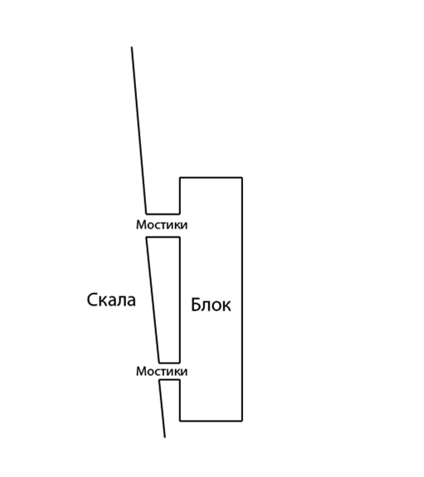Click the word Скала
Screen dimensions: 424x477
(111, 300)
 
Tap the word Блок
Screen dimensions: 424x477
(211, 305)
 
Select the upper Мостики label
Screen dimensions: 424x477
(162, 224)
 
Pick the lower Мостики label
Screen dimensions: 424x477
(162, 372)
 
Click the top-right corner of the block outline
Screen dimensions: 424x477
(242, 177)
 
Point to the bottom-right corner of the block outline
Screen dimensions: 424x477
(242, 421)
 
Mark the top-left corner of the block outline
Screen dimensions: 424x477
(180, 177)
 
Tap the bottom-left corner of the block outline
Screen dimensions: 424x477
(180, 421)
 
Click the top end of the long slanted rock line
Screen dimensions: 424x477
(132, 47)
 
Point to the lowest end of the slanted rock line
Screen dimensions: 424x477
(165, 437)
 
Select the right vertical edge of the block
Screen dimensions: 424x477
(242, 299)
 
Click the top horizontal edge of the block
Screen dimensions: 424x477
(211, 177)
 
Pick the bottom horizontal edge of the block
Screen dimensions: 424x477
(211, 421)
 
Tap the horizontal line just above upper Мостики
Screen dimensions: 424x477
(163, 214)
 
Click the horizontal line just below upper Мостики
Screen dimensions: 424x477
(163, 238)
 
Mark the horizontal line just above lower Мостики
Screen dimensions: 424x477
(169, 363)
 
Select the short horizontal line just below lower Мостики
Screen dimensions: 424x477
(169, 380)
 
